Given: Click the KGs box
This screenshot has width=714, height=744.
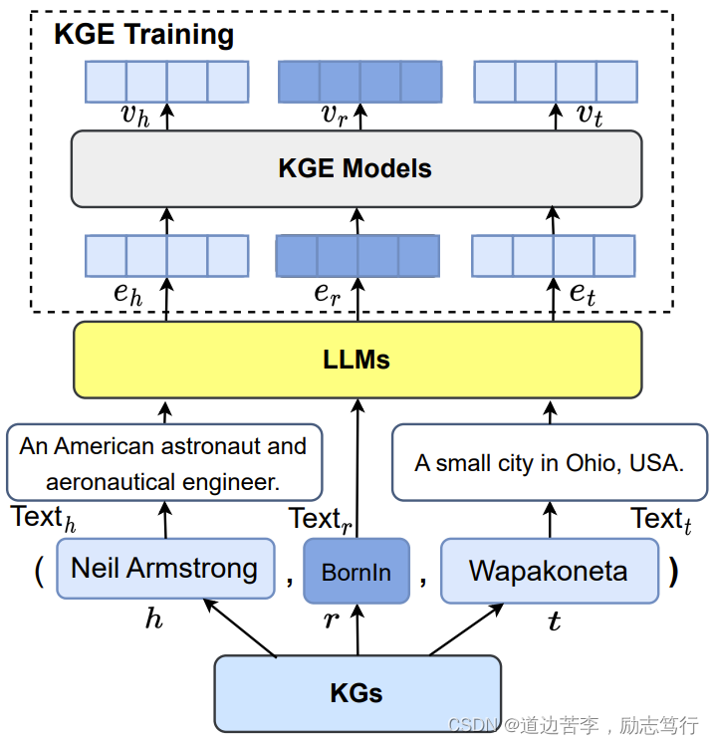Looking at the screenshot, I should (357, 692).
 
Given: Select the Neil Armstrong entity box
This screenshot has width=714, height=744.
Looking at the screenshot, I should (164, 570).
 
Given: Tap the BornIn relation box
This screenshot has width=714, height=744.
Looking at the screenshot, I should (356, 572).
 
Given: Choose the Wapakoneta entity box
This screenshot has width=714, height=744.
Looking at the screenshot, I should (549, 571).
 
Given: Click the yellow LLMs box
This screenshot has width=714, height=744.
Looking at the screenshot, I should (357, 360).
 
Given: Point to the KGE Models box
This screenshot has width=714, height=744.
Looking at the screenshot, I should (356, 168).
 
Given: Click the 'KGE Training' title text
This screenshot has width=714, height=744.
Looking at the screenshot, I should (143, 35).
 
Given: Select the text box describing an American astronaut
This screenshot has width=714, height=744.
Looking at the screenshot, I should (164, 463).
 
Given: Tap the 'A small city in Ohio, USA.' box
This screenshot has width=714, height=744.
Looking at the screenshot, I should (550, 463).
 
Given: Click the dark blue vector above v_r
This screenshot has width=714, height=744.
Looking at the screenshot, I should (358, 81).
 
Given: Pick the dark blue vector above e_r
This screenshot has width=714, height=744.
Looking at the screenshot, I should (357, 256).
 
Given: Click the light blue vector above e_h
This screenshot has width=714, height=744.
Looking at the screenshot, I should (166, 256).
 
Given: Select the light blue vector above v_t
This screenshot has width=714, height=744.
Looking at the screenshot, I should (555, 81).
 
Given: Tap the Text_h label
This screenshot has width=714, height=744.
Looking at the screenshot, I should (43, 519).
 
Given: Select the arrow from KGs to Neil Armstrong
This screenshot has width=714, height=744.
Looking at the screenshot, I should (240, 627).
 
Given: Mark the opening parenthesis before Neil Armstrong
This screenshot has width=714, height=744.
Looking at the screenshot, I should (39, 572).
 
